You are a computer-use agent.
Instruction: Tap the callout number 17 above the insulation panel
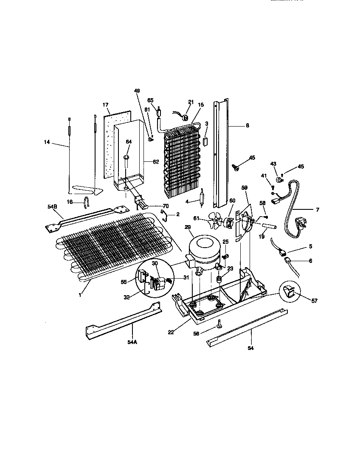[106, 104]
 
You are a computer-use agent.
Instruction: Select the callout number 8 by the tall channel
[247, 125]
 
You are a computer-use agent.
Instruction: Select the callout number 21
[191, 102]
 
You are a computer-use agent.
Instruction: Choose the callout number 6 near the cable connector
[310, 261]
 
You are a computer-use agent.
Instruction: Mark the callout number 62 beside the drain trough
[156, 161]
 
